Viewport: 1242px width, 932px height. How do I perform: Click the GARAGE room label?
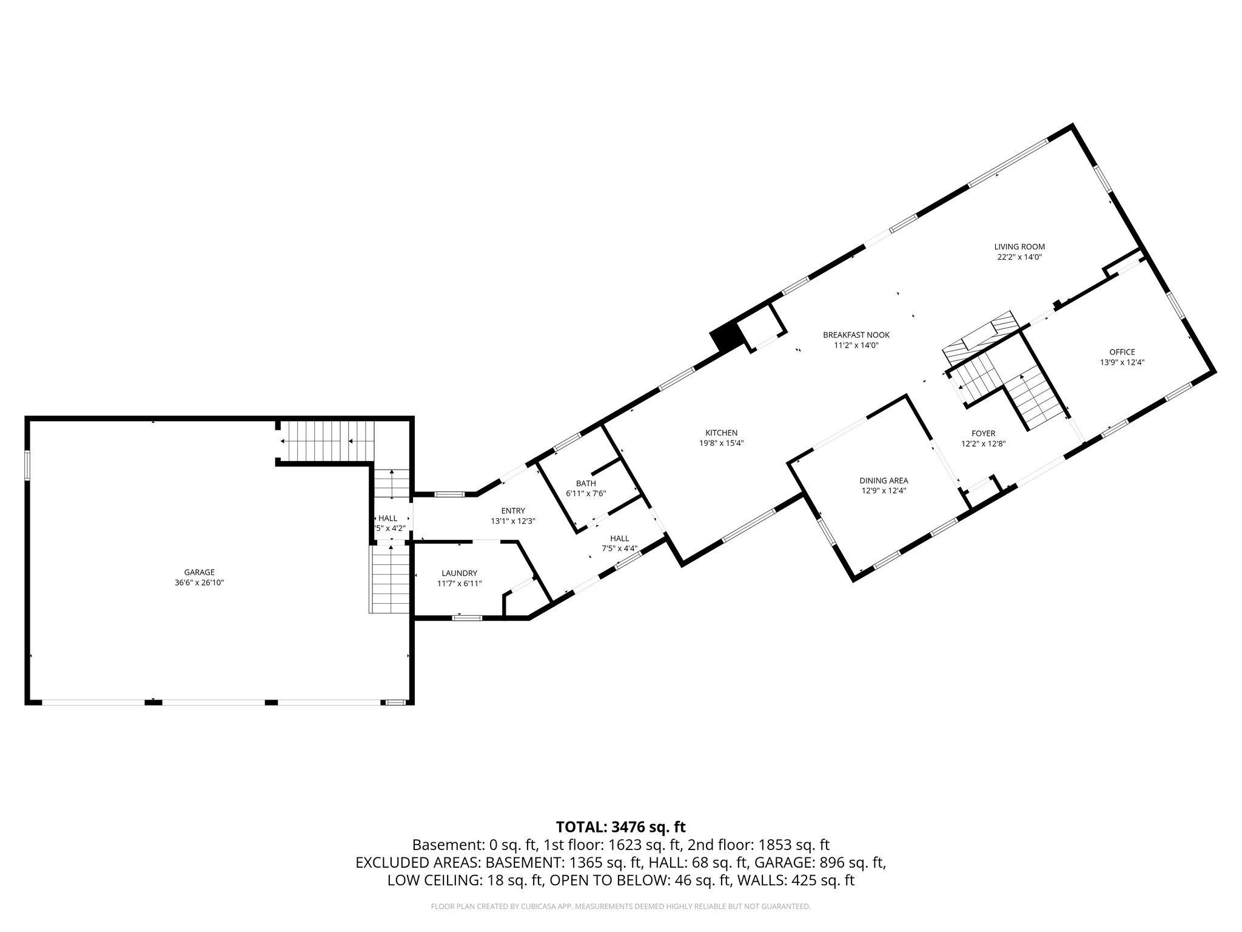point(200,572)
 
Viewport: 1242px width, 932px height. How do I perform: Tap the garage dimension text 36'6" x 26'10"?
point(200,582)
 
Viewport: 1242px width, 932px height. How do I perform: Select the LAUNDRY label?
point(459,573)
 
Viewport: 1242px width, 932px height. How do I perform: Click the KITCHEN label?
point(721,433)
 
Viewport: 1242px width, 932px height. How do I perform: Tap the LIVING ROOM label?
point(1019,247)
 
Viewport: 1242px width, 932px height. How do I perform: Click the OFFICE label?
point(1121,352)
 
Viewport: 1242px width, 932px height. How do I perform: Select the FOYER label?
point(983,433)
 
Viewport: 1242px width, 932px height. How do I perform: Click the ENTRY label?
point(512,511)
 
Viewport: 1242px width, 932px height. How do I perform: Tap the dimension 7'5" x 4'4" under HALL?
point(619,549)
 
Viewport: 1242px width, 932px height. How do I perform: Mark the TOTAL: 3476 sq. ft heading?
point(620,826)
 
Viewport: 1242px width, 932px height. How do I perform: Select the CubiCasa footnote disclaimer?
point(620,907)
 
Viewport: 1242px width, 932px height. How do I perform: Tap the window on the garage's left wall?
point(27,464)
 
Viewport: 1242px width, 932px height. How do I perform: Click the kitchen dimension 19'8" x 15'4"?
point(721,443)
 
